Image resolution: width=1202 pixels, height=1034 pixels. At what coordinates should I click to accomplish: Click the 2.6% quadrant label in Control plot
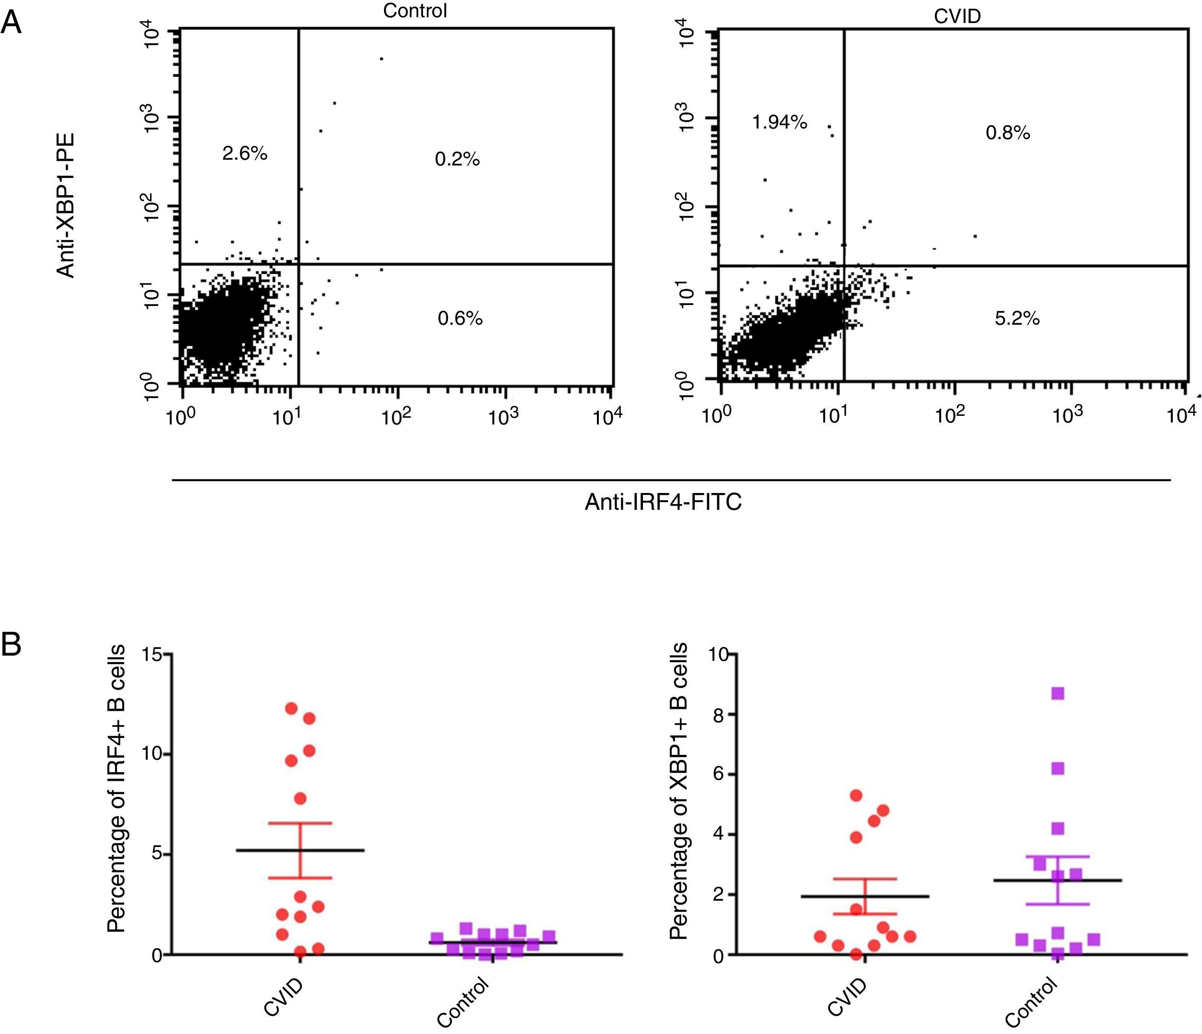coord(244,154)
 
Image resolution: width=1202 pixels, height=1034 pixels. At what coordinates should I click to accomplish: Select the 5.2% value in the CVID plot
coord(1017,318)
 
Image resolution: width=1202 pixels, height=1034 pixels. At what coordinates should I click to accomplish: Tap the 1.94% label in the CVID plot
coord(779,122)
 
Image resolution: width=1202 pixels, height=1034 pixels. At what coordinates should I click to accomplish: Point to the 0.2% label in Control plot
coord(457,160)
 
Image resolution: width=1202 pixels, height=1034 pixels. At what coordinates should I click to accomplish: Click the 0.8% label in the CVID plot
coord(1008,133)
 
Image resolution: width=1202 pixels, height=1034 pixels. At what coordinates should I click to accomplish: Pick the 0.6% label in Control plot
coord(460,318)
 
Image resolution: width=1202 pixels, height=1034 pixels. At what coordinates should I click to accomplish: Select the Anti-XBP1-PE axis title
coord(66,206)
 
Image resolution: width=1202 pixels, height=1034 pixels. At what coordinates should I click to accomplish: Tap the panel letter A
coord(11,24)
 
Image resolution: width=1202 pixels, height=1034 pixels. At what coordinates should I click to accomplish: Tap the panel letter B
coord(11,644)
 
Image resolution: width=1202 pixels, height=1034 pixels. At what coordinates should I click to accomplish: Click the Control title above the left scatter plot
coord(415,11)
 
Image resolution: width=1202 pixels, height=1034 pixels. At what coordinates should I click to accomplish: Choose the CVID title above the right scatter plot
coord(957,16)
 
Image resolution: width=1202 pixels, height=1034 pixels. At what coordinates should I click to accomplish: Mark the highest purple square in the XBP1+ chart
coord(1058,693)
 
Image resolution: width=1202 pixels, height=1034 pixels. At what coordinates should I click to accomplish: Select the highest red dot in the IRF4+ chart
coord(291,708)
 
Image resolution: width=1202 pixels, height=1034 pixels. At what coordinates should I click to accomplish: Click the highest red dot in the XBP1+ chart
coord(856,795)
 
